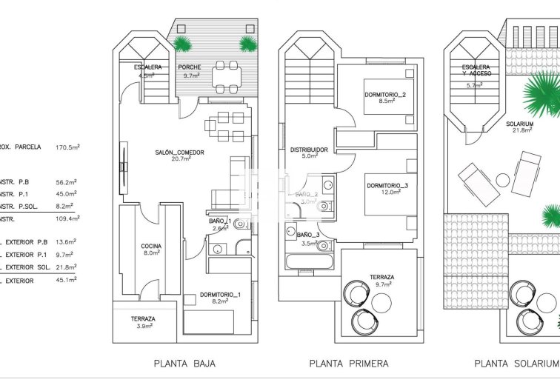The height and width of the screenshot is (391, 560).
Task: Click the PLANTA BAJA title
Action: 184,364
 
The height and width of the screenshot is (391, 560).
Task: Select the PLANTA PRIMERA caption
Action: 348,364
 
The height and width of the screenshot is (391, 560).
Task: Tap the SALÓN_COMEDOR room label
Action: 179,153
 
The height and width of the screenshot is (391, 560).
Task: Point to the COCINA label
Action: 152,246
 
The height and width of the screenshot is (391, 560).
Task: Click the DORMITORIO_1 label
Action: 220,295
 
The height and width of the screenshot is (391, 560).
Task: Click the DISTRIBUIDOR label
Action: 309,149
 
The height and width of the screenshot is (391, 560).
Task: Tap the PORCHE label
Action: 190,67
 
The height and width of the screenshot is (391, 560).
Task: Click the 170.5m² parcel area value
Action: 67,147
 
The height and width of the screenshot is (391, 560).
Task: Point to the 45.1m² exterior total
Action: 67,280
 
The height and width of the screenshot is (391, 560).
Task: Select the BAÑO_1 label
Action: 220,221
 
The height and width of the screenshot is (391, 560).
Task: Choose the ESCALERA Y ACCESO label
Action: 474,71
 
